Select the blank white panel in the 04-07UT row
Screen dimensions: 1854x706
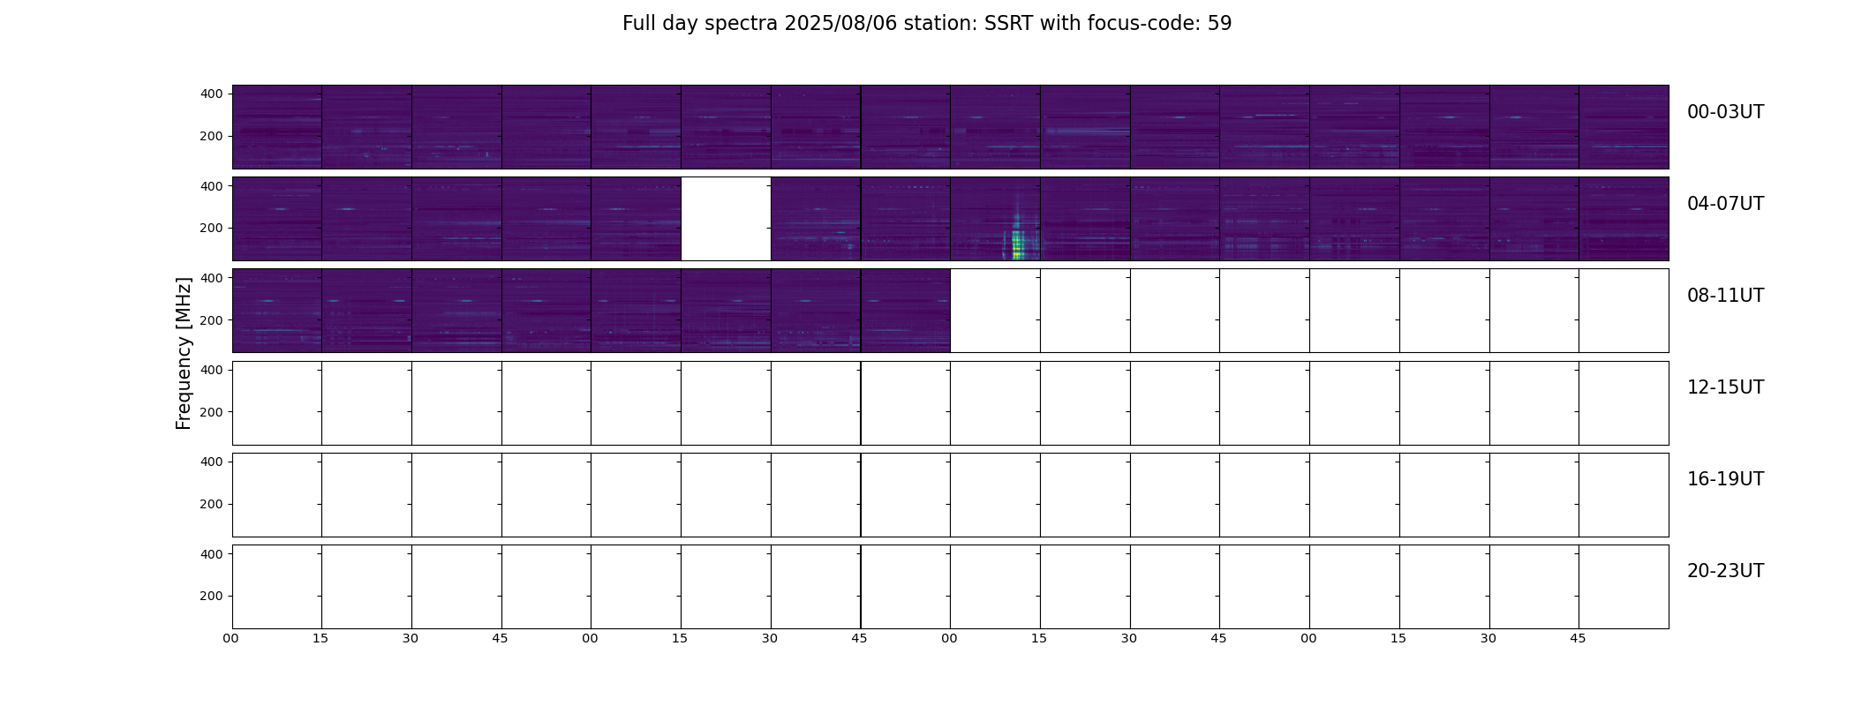click(726, 219)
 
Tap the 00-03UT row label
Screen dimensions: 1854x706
click(1725, 112)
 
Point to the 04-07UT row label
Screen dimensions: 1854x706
click(1725, 204)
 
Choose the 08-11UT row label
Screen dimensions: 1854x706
click(1725, 296)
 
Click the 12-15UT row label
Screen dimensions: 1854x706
click(1725, 387)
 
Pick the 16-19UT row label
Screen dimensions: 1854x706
click(1725, 479)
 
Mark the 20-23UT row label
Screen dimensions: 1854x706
click(1725, 571)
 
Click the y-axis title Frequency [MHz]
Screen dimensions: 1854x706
click(184, 354)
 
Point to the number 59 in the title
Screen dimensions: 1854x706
click(1219, 24)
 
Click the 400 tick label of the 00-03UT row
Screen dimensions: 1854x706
click(212, 94)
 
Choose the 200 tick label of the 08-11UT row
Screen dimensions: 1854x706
click(212, 320)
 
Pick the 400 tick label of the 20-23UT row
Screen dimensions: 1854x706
click(212, 554)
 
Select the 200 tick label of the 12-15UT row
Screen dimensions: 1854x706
click(212, 412)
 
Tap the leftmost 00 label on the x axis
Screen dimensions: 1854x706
click(230, 638)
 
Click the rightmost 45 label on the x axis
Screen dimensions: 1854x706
click(1578, 638)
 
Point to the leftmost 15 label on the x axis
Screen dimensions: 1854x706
click(320, 638)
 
